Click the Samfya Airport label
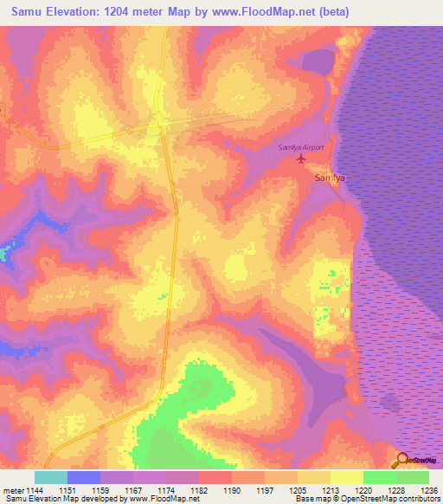pyautogui.click(x=300, y=147)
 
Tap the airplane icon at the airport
pyautogui.click(x=301, y=158)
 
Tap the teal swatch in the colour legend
pyautogui.click(x=50, y=477)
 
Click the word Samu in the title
pyautogui.click(x=27, y=11)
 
